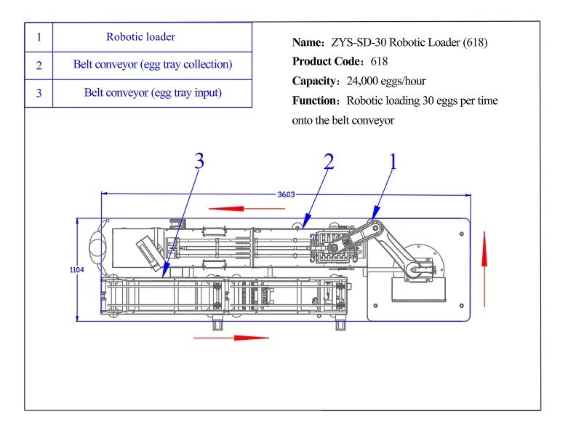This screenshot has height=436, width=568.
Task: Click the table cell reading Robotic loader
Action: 140,36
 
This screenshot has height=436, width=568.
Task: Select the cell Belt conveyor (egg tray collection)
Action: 152,64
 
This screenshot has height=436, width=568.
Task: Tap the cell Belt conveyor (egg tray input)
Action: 152,92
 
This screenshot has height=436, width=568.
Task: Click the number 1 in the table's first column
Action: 39,36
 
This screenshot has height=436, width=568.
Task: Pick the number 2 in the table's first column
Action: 39,65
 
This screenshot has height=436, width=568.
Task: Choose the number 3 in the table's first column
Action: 39,93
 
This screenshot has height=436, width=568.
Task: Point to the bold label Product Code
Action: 328,62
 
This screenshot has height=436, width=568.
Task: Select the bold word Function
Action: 316,101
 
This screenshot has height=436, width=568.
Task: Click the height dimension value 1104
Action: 77,270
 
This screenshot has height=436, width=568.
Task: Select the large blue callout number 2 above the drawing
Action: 329,162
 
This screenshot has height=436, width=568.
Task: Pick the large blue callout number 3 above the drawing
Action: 199,162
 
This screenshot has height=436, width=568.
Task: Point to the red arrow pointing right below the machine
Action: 232,337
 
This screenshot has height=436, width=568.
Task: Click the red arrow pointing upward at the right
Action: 484,250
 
